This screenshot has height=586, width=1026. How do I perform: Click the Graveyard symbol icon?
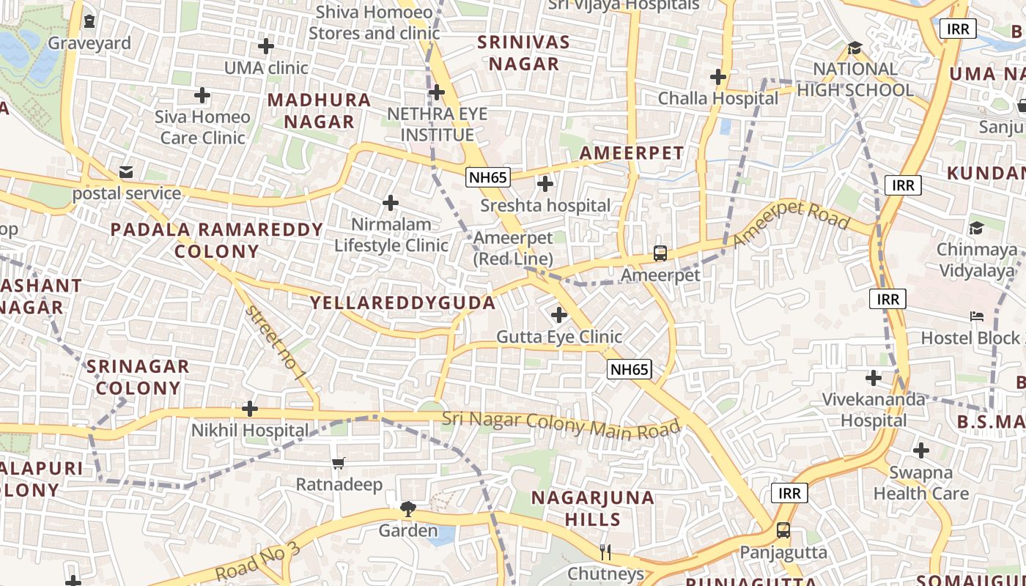(x=89, y=21)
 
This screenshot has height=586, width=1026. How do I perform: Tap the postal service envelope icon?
(x=126, y=172)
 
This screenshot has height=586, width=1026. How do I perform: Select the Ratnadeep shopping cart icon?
(x=338, y=463)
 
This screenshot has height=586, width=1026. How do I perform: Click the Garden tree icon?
(x=407, y=508)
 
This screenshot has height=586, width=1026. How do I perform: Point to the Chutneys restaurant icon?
(x=605, y=552)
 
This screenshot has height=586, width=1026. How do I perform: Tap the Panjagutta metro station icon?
(x=783, y=530)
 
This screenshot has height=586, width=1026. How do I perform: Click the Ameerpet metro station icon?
(x=660, y=253)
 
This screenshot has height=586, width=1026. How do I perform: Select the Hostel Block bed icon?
(x=976, y=316)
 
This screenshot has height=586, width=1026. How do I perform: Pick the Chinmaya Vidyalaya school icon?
(x=976, y=228)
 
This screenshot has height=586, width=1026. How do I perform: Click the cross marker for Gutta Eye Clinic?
(x=559, y=315)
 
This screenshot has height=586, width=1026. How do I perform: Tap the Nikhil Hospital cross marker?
(x=250, y=408)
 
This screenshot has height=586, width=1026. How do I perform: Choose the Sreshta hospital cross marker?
(x=545, y=184)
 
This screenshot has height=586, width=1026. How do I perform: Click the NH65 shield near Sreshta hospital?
(x=488, y=177)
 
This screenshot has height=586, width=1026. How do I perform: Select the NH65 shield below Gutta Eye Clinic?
(x=630, y=369)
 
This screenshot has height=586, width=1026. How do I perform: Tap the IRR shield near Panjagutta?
(x=789, y=493)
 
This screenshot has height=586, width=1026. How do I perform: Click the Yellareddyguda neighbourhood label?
(x=402, y=303)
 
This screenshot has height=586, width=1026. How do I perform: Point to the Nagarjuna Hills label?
(x=593, y=508)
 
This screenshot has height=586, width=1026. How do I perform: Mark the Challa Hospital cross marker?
(x=718, y=76)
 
